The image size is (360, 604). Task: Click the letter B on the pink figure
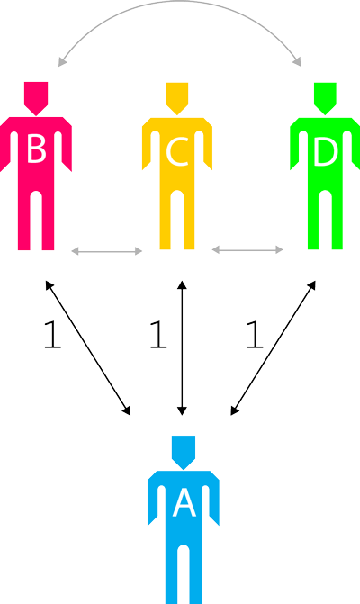[x=37, y=149]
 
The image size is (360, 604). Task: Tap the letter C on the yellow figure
[x=177, y=152]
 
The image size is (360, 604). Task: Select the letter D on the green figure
[x=326, y=152]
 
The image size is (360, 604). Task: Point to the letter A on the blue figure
[x=184, y=503]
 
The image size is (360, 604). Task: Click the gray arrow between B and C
[x=107, y=251]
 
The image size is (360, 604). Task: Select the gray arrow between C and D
[x=247, y=250]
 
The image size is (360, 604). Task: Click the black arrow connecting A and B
[x=88, y=348]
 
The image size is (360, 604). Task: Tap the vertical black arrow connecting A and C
[x=182, y=348]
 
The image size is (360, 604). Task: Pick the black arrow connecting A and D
[x=274, y=348]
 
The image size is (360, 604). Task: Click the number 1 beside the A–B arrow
[x=52, y=335]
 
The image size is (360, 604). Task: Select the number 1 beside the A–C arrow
[x=158, y=335]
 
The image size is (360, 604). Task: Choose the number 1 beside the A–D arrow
[x=255, y=335]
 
